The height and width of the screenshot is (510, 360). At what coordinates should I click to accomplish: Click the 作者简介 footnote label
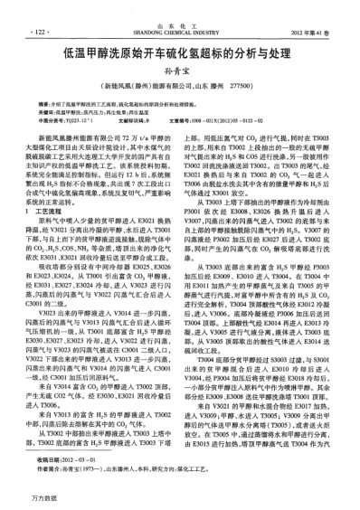pyautogui.click(x=48, y=466)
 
